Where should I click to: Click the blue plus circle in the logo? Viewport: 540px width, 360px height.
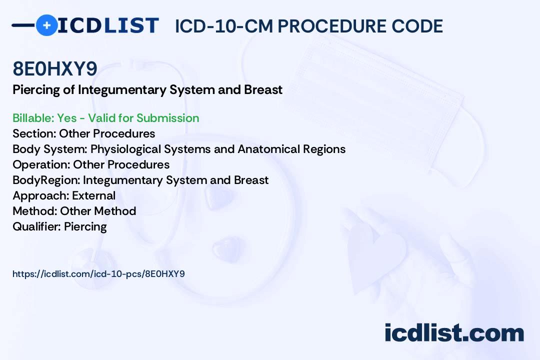coord(46,25)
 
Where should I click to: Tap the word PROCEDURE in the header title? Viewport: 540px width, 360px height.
coord(331,26)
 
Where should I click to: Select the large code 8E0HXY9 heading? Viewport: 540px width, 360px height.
coord(55,68)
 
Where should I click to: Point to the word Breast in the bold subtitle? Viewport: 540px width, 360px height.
coord(263,89)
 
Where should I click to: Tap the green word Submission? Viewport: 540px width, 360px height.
coord(168,118)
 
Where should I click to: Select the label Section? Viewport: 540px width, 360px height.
coord(34,133)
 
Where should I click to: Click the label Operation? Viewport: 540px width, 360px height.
coord(41,164)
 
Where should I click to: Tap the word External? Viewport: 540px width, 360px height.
coord(93,195)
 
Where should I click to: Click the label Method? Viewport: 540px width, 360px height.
coord(35,211)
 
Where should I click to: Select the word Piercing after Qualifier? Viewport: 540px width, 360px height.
coord(85,226)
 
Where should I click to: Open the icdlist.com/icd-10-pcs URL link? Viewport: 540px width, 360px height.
coord(99,274)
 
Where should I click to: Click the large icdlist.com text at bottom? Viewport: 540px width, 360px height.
coord(454,332)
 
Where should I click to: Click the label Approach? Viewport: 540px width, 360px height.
coord(41,195)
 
